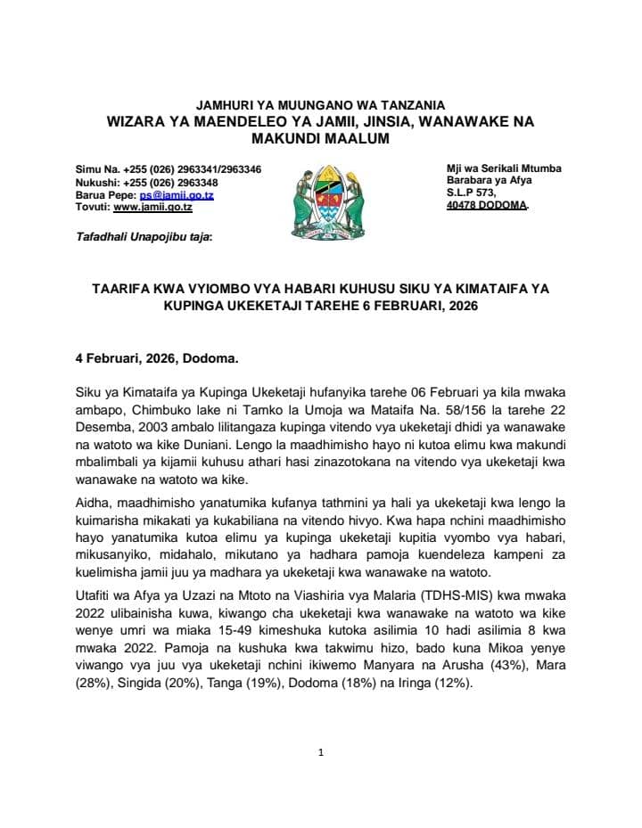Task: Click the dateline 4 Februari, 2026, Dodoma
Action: point(156,360)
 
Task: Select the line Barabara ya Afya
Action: point(485,180)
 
